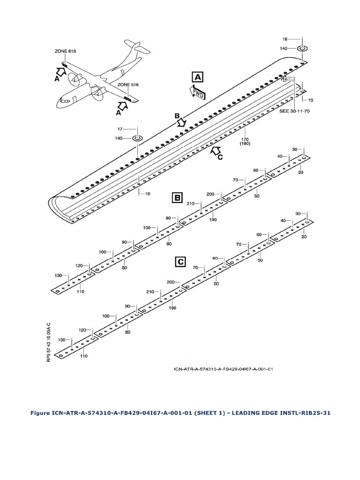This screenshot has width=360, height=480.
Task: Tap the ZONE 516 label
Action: tap(128, 85)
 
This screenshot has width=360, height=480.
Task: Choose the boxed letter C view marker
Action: tap(182, 262)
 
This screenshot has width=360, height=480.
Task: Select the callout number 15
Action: tap(311, 100)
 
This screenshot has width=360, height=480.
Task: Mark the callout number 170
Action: tap(244, 139)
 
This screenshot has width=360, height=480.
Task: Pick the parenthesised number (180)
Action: tap(244, 144)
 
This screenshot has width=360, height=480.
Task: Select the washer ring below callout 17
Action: tap(137, 138)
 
